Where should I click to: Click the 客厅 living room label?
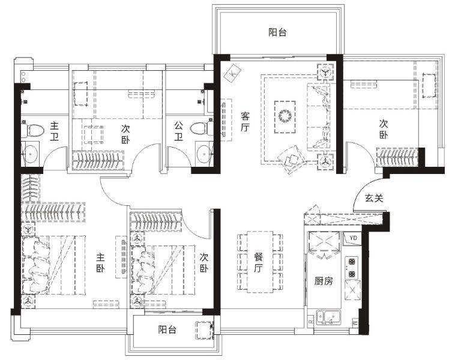[245, 122]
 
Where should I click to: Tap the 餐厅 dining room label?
[259, 263]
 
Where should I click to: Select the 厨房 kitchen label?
[324, 281]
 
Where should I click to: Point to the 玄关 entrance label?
[374, 198]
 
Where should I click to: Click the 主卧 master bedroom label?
[100, 263]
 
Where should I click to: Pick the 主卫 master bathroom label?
[55, 131]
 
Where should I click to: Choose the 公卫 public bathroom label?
[179, 131]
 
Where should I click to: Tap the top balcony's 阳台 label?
[277, 32]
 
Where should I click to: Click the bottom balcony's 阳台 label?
[167, 329]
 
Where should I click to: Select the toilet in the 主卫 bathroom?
[32, 130]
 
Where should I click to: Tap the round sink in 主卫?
[31, 154]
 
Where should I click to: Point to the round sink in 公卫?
[204, 154]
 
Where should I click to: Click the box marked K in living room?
[233, 73]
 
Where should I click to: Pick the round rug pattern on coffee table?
[285, 116]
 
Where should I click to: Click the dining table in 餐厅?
[260, 262]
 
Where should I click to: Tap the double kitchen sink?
[328, 317]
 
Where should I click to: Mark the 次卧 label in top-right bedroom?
[384, 129]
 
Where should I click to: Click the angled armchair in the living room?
[292, 159]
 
